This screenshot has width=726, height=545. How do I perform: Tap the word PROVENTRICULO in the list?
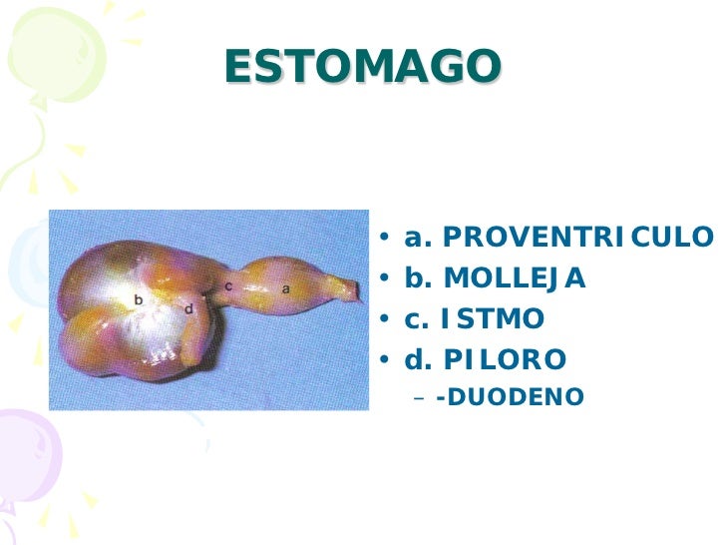coord(577,239)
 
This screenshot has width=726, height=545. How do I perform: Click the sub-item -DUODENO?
coord(510,397)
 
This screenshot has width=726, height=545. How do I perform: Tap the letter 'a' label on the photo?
coord(285,287)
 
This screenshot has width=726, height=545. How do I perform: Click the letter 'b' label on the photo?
coord(139,297)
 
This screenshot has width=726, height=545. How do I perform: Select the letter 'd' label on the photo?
coord(188,308)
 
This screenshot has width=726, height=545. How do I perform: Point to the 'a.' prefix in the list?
coord(417,239)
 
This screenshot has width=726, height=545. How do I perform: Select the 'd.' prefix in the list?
coord(417,359)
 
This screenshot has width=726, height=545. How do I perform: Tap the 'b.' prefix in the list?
coord(417,278)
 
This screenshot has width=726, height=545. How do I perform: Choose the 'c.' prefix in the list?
coord(416,319)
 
